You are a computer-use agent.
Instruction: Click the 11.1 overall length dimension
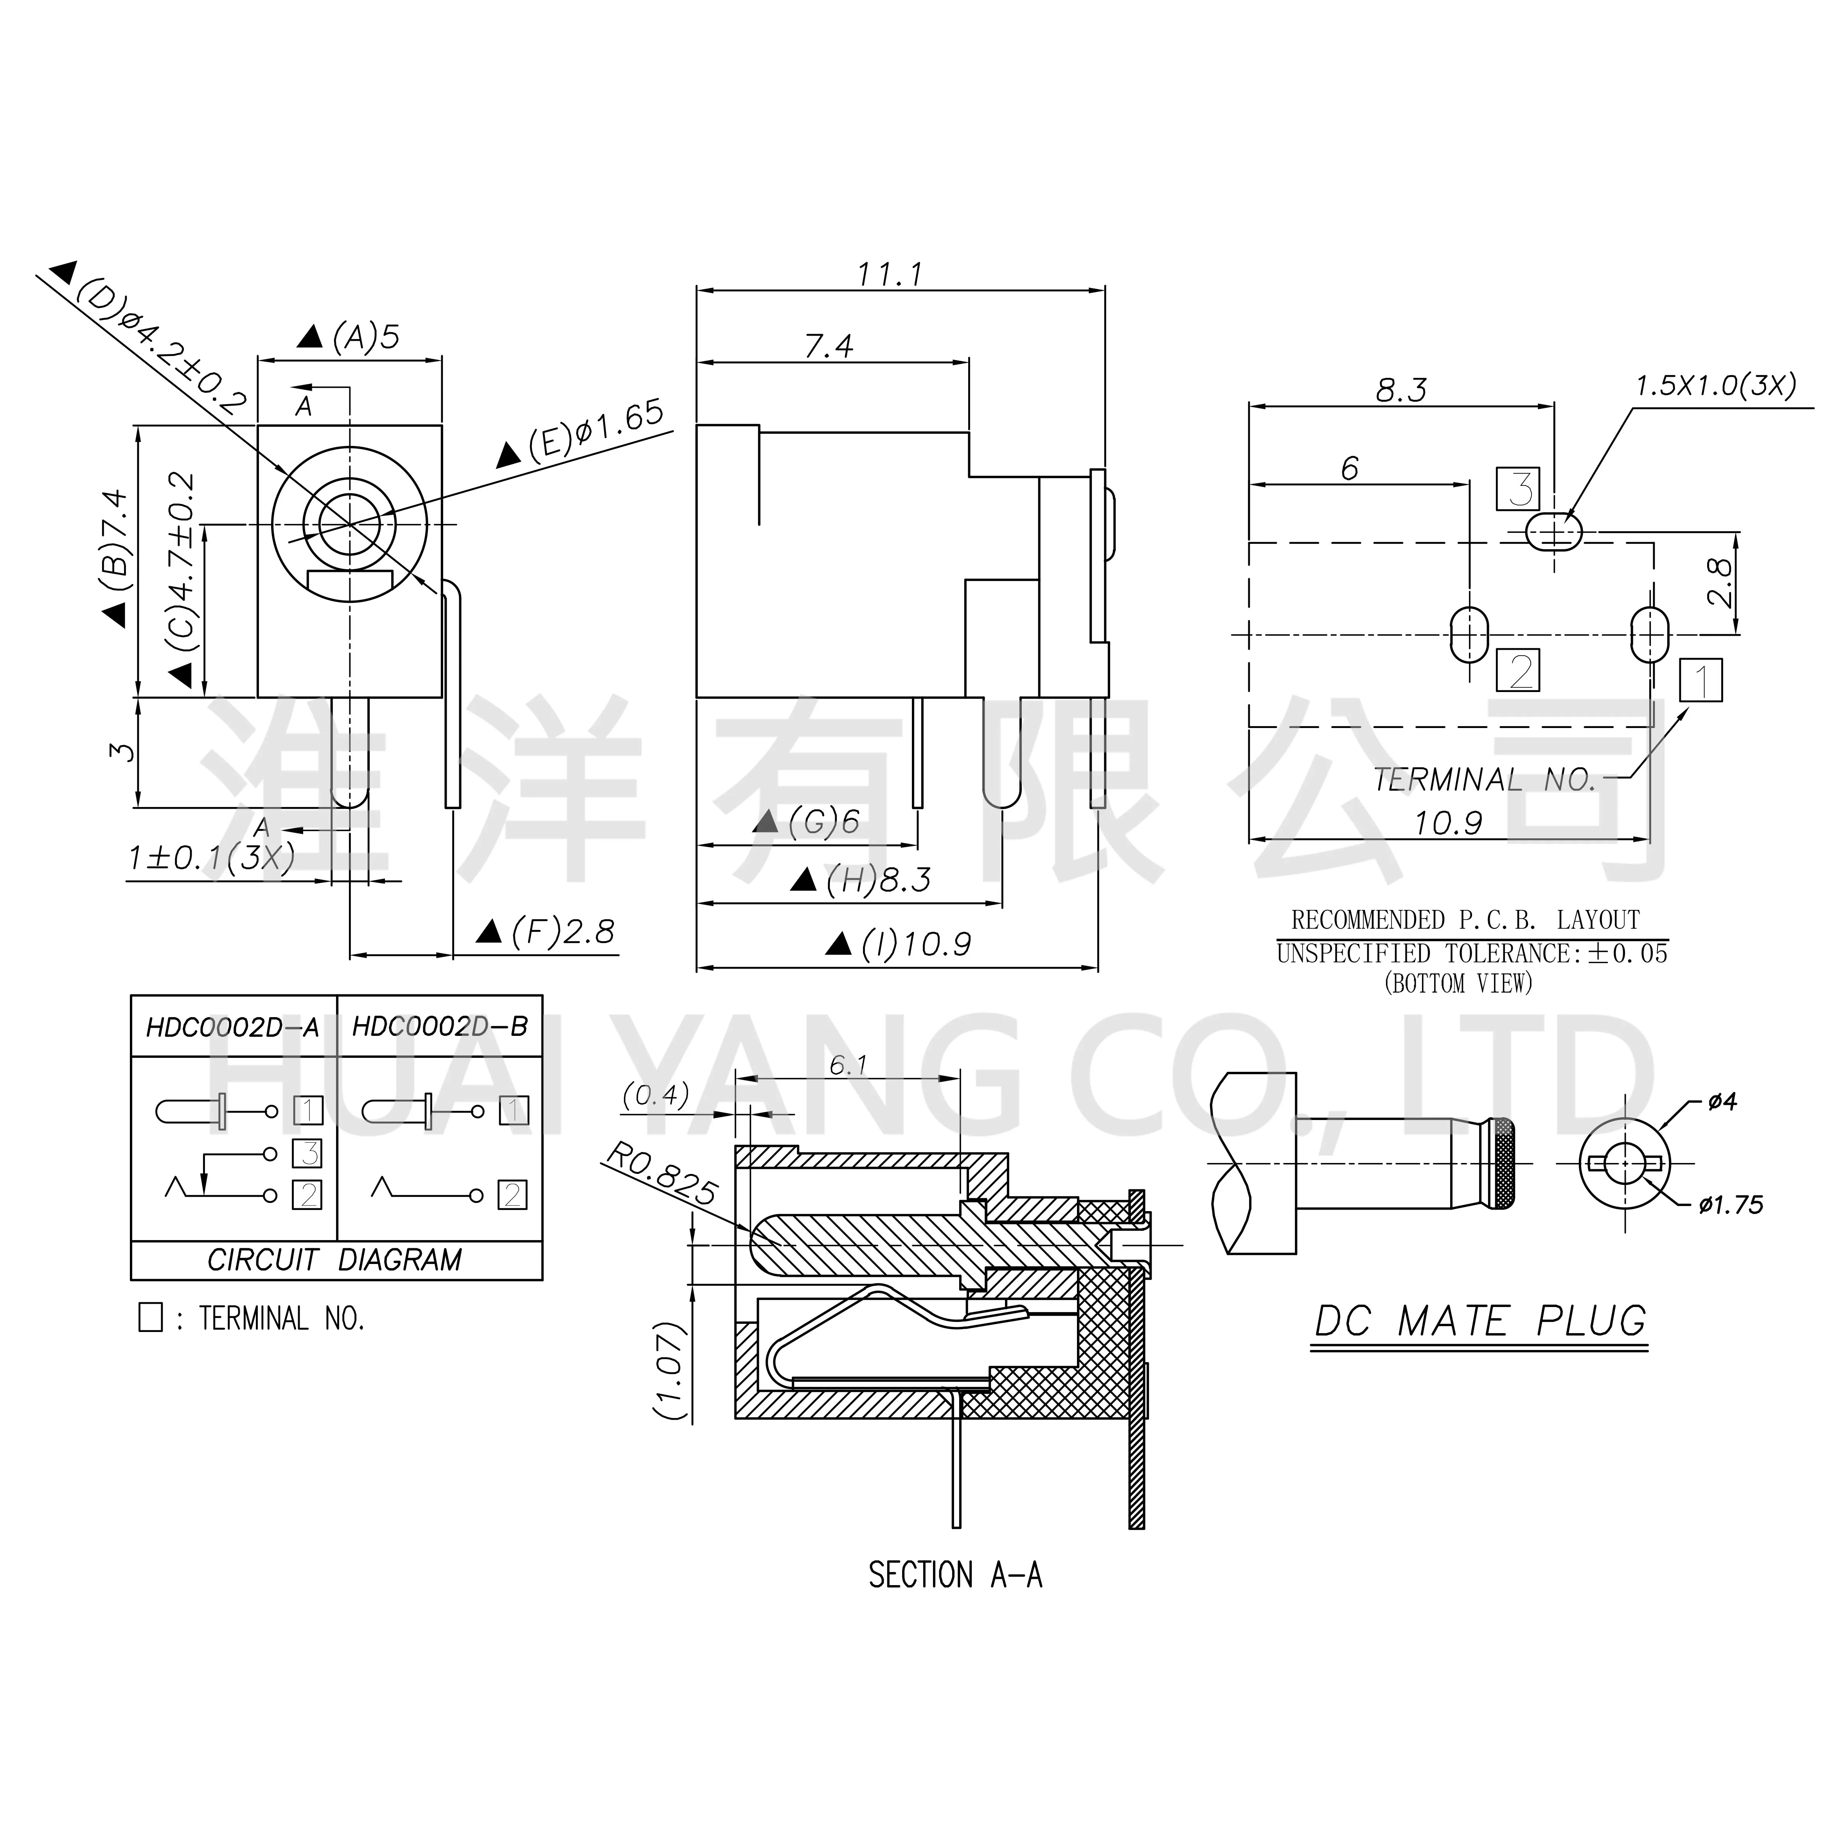click(x=890, y=275)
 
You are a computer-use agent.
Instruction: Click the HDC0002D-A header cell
click(x=232, y=1027)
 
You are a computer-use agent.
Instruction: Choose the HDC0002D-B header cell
click(x=440, y=1027)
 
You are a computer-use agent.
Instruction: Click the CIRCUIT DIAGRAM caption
click(x=335, y=1260)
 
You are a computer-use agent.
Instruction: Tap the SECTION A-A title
click(x=955, y=1575)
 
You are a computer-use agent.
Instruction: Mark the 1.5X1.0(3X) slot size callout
click(x=1715, y=386)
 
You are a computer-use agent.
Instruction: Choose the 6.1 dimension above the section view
click(x=848, y=1064)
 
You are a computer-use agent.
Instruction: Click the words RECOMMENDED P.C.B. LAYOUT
click(x=1465, y=920)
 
